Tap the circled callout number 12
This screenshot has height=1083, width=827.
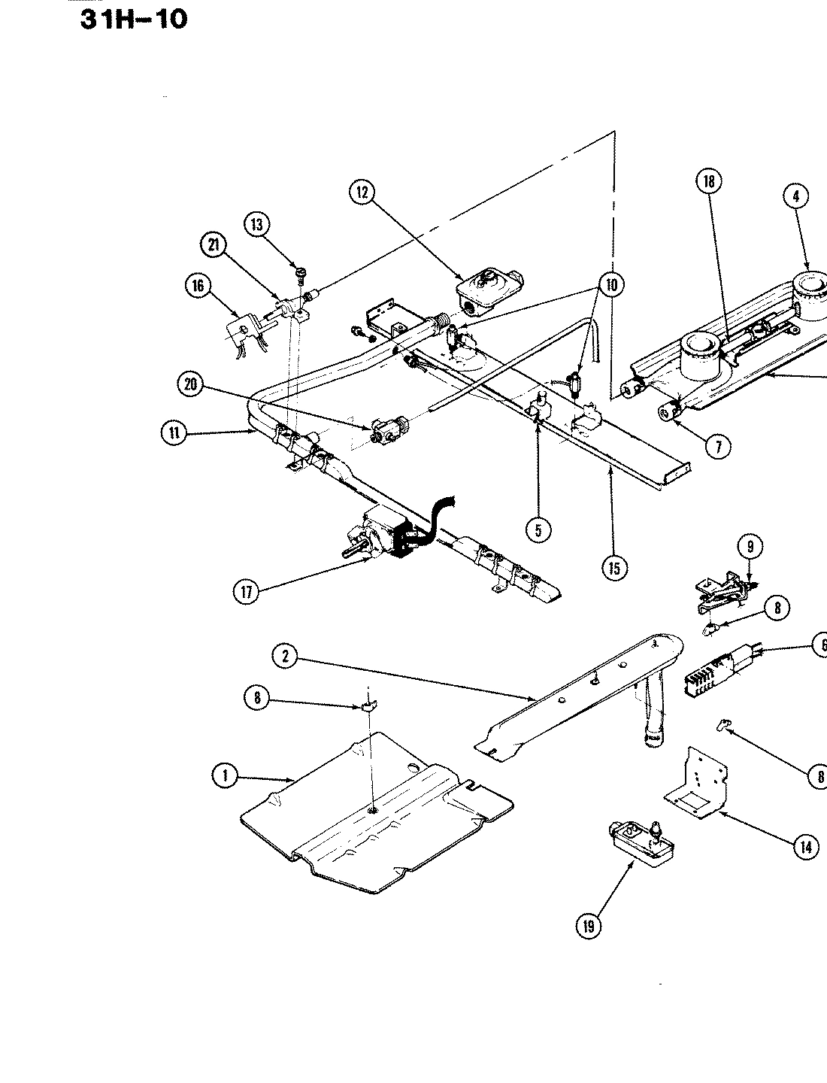point(361,193)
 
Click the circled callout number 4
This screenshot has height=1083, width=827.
point(795,196)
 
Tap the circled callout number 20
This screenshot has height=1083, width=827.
point(191,384)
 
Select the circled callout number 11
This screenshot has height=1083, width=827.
point(174,432)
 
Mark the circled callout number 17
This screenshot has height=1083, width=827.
point(247,591)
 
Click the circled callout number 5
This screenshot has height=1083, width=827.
point(538,529)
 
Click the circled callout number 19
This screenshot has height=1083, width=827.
point(588,926)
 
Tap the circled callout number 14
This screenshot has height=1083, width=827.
point(804,847)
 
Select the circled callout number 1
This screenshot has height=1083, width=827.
point(224,776)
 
